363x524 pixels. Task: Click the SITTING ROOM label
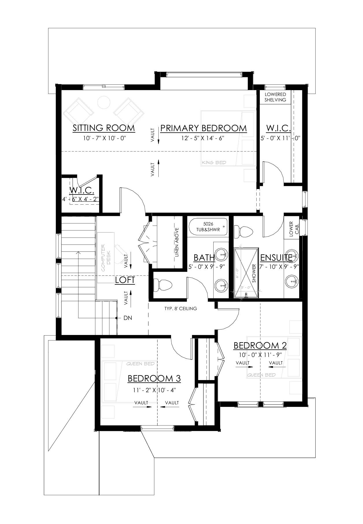point(104,128)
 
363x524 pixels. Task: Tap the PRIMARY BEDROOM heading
point(203,128)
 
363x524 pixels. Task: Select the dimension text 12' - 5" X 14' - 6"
point(203,138)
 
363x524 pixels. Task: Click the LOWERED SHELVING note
point(275,97)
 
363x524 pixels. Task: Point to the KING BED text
point(214,162)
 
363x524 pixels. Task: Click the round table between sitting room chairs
point(103,102)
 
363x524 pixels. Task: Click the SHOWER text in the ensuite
point(254,273)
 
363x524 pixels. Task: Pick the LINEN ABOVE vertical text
point(177,242)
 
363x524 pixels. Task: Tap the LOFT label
point(125,280)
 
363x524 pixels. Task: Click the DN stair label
point(127,318)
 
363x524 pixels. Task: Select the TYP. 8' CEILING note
point(181,308)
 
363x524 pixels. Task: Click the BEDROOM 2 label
point(260,345)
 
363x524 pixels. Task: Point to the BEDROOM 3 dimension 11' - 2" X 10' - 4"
point(154,390)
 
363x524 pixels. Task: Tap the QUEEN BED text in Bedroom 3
point(140,364)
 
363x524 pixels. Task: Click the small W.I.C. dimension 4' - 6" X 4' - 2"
point(81,199)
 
